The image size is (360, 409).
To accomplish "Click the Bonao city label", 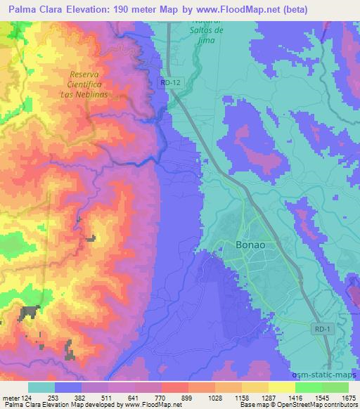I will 247,245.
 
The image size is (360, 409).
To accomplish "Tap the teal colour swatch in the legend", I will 41,387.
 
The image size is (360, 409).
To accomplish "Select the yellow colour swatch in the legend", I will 282,387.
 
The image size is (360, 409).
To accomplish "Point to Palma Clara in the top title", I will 37,9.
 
